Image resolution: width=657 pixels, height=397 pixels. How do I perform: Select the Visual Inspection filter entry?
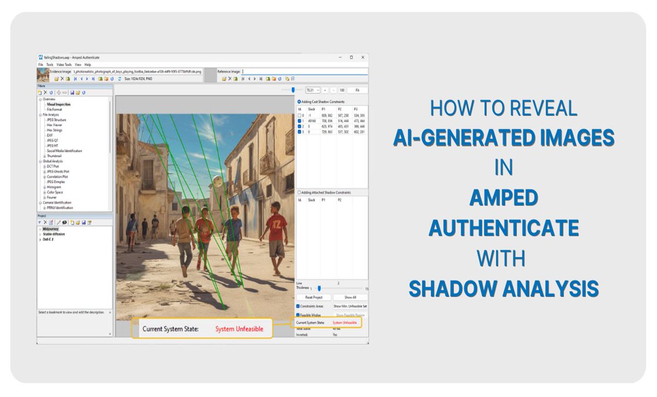point(59,104)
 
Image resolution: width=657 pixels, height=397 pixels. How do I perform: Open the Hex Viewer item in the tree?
point(54,125)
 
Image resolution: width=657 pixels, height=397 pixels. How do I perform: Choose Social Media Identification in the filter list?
point(65,151)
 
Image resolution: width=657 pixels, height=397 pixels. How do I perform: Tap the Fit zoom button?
point(358,90)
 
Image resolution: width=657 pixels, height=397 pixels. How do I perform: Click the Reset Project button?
point(313,297)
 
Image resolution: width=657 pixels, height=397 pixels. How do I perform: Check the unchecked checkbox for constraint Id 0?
point(299,116)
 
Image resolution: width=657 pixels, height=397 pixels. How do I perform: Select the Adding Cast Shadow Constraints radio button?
point(298,101)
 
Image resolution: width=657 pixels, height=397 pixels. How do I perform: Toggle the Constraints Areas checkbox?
point(298,306)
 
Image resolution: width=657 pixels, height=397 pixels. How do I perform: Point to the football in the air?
point(218,181)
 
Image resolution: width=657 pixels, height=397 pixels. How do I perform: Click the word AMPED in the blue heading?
point(503,197)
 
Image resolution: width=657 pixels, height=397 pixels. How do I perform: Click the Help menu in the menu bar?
point(88,65)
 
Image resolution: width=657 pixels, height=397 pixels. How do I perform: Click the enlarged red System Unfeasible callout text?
point(239,329)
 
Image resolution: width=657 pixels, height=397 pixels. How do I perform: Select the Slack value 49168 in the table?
point(312,120)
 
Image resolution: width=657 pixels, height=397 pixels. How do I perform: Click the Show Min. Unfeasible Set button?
point(350,306)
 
